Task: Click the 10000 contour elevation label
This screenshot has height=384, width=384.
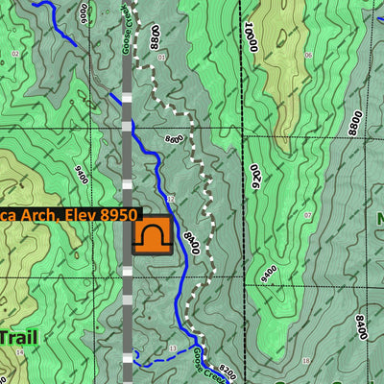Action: [x=252, y=41]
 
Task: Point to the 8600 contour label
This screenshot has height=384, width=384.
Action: [x=174, y=140]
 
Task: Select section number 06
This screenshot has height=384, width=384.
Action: [x=308, y=56]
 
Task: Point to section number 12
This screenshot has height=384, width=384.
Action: [x=169, y=199]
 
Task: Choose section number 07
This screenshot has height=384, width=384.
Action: [x=307, y=215]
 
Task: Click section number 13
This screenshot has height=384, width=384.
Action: [x=173, y=348]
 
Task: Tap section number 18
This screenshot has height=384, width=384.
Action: [x=305, y=362]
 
